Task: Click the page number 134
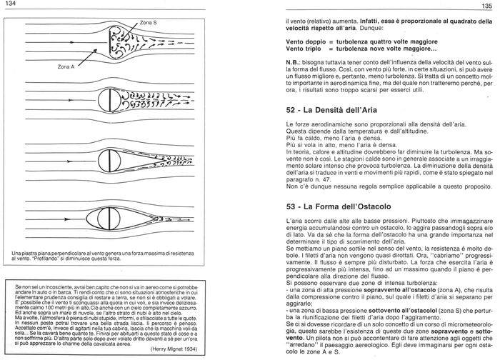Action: point(9,5)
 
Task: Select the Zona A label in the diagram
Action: point(66,66)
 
